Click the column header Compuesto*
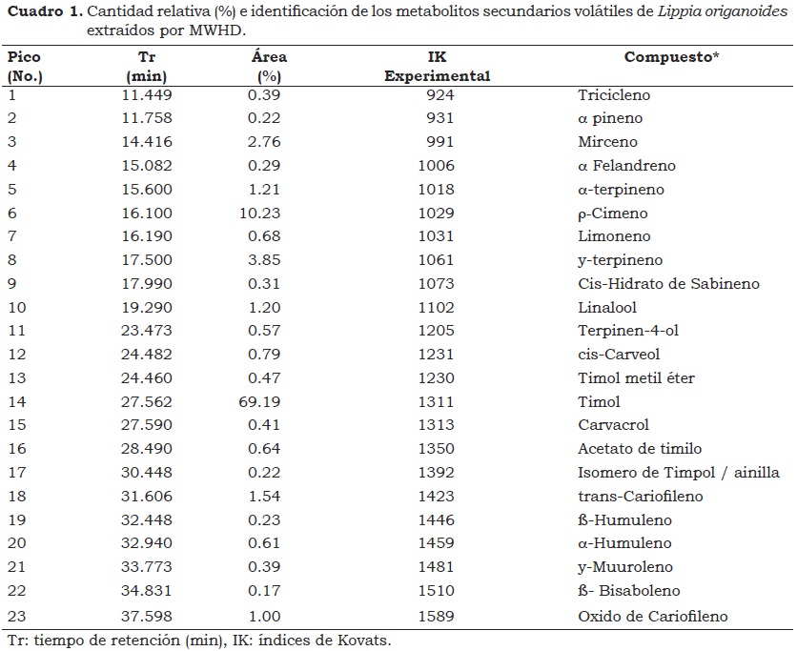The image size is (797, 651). (x=671, y=57)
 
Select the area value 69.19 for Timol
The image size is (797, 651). (x=259, y=401)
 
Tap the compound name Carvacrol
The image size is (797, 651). (x=613, y=424)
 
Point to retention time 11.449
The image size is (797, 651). (x=147, y=94)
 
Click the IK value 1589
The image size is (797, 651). (x=436, y=616)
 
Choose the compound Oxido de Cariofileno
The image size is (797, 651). (x=653, y=616)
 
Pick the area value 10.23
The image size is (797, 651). (x=259, y=213)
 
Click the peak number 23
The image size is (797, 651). (x=16, y=616)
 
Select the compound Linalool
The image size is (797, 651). (x=607, y=307)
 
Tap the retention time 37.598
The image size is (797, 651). (x=147, y=616)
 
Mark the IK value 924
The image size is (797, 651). (x=440, y=94)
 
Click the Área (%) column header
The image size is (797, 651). (x=269, y=66)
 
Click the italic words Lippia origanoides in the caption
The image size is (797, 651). (x=723, y=11)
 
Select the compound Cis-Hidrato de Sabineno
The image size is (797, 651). (x=668, y=283)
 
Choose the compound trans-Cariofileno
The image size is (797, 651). (x=641, y=496)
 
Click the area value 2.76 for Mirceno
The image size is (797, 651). (x=264, y=141)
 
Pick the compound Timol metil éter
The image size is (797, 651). (x=636, y=377)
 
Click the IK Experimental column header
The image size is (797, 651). (x=438, y=66)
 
